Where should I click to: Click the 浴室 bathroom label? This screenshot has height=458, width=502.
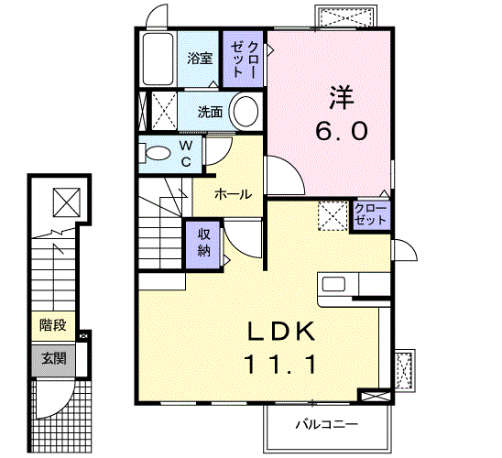point(200,59)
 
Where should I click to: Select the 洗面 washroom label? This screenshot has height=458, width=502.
point(211,113)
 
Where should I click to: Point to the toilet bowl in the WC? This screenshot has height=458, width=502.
point(157,153)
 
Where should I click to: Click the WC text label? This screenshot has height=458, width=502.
point(185,154)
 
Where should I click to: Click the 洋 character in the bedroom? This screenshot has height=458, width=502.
point(341,95)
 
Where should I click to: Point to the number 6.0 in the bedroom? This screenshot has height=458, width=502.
point(342,131)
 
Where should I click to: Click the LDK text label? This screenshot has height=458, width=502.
point(279,332)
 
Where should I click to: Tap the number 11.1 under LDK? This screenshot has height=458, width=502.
point(279,365)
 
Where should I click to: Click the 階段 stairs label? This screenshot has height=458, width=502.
point(52,324)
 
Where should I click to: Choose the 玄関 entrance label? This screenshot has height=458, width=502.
point(52,357)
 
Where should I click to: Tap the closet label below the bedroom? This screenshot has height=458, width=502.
point(370,214)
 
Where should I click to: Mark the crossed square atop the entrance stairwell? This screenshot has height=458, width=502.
point(65,200)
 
